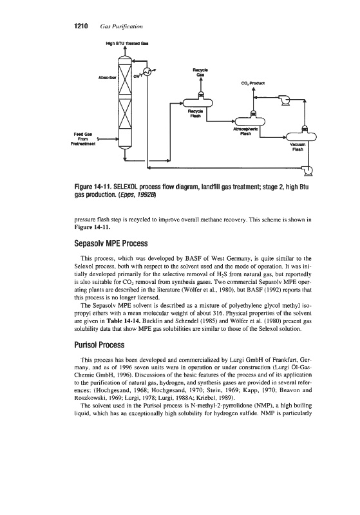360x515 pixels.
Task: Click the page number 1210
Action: tap(81, 26)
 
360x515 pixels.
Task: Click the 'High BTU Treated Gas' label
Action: tap(125, 43)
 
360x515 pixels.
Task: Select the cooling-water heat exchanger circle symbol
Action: tap(147, 72)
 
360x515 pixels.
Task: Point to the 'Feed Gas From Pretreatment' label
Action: tap(83, 139)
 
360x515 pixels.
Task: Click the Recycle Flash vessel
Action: tap(198, 103)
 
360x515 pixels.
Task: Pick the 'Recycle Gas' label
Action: tap(200, 73)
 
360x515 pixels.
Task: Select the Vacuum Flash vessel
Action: tap(301, 136)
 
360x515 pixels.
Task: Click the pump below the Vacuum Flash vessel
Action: tap(308, 169)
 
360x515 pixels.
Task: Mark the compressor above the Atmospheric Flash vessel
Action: tap(284, 100)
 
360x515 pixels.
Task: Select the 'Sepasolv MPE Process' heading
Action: tap(111, 244)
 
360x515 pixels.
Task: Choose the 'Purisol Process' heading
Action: tap(99, 345)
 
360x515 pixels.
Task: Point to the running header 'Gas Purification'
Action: tap(121, 26)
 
